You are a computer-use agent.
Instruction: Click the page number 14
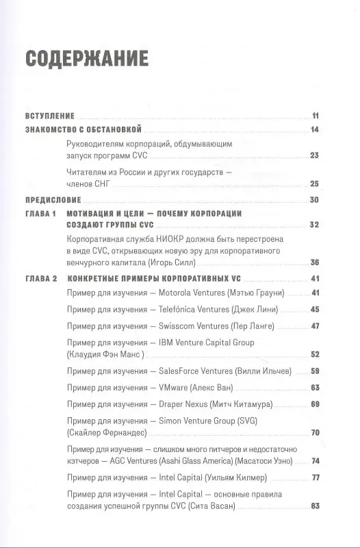(316, 129)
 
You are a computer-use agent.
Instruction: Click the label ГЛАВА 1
(40, 214)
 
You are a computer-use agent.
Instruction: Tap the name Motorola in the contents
(177, 292)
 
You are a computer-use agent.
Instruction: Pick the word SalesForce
(181, 371)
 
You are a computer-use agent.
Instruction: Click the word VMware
(174, 387)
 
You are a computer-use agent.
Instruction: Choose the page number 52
(316, 354)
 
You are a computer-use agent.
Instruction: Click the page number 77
(316, 477)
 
